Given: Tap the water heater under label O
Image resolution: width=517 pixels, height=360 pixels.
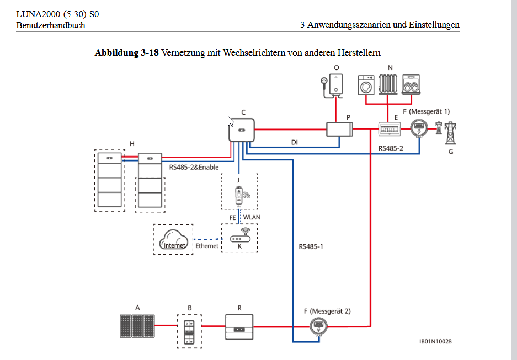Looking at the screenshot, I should coord(334,84).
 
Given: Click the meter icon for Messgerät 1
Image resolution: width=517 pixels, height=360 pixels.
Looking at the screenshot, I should coord(419,129).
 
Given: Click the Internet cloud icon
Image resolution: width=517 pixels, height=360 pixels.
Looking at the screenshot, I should coord(173,240).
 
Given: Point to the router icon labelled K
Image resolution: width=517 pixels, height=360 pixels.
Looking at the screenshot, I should coord(239,239).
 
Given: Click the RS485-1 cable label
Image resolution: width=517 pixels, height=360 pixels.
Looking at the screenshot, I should coord(311,246).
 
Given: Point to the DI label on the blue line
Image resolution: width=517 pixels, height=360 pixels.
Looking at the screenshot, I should coord(295,142).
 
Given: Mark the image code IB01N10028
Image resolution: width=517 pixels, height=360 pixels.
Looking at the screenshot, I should coord(435,342).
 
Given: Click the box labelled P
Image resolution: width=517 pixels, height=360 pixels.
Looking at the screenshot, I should coord(339,130).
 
